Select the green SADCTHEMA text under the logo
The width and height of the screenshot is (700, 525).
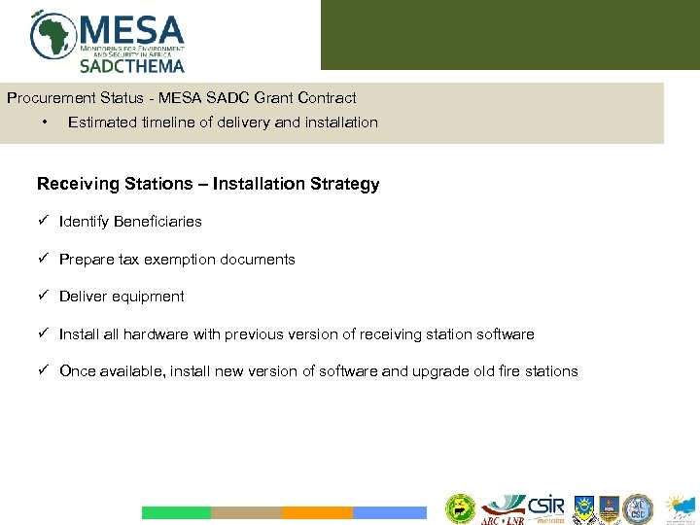[x=131, y=66]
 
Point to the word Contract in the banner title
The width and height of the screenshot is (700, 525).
[x=328, y=98]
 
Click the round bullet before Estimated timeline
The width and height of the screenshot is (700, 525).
[x=45, y=122]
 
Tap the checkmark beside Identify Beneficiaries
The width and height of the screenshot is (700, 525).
[x=43, y=222]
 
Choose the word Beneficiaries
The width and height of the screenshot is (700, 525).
[x=157, y=222]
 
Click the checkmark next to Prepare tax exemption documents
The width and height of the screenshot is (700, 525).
[x=43, y=260]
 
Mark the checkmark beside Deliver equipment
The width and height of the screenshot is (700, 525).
[x=43, y=297]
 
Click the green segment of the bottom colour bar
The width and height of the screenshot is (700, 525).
[x=176, y=512]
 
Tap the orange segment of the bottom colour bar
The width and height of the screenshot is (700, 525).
[x=317, y=512]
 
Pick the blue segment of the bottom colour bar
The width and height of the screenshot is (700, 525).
[x=389, y=512]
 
